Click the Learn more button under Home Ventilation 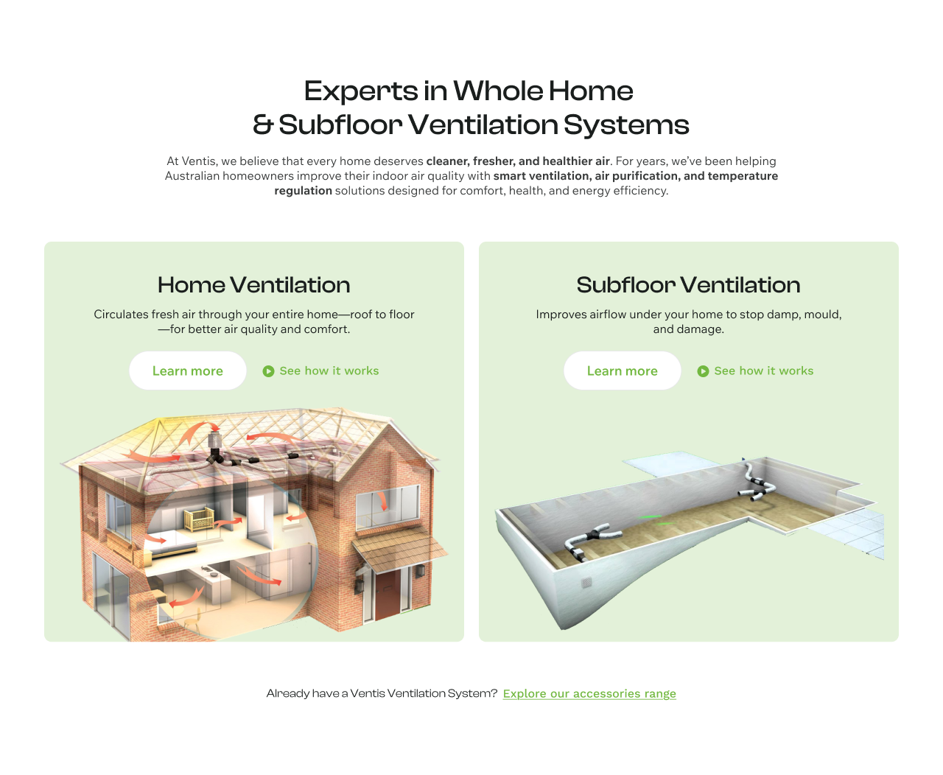(x=187, y=371)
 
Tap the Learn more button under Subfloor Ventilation (x=622, y=371)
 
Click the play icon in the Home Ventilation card (x=268, y=371)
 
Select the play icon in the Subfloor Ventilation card (x=703, y=371)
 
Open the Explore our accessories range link (x=589, y=694)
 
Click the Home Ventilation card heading (x=254, y=285)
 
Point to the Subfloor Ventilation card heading (x=689, y=285)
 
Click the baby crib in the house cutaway (x=198, y=519)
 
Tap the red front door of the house (x=388, y=595)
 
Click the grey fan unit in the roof (x=215, y=439)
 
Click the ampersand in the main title (x=263, y=125)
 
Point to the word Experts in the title (x=361, y=91)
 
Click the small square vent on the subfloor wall (x=586, y=582)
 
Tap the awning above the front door (x=399, y=549)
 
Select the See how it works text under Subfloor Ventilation (x=764, y=371)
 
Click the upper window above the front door (x=388, y=506)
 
